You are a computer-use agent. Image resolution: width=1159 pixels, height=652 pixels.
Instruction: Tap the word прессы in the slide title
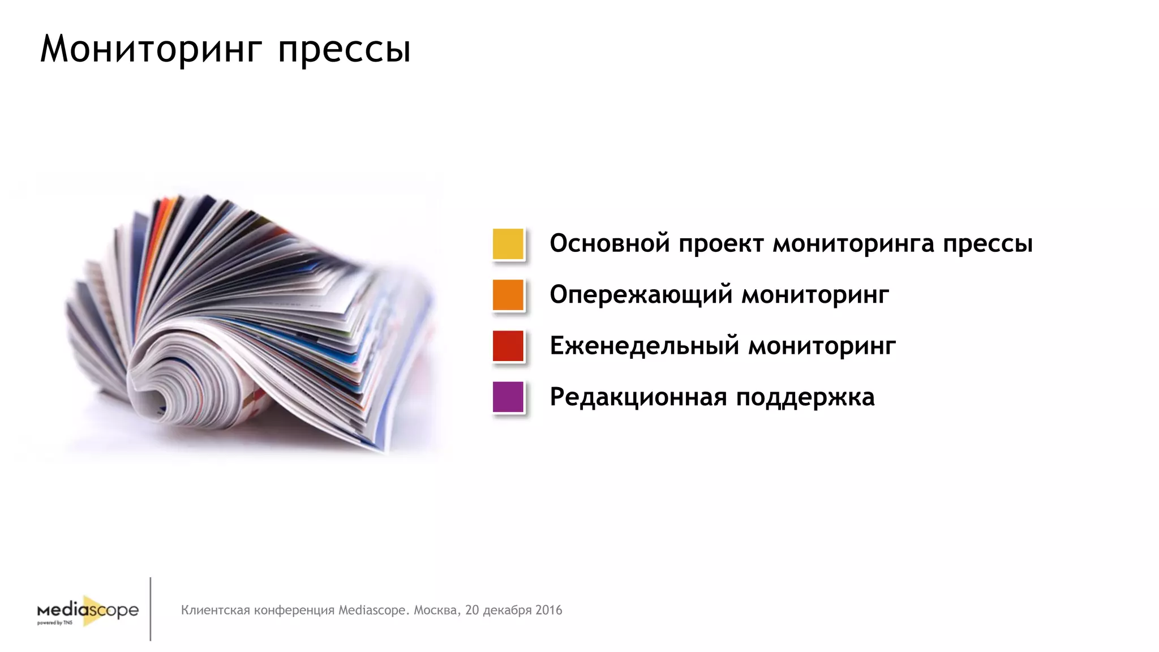coord(344,51)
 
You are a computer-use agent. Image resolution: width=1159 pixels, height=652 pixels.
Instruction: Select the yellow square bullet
coord(508,244)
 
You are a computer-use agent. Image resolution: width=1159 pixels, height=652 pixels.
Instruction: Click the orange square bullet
coord(508,295)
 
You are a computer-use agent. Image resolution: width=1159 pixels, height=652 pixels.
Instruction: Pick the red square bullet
coord(508,346)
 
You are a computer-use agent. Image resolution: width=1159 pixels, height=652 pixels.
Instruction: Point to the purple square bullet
coord(508,397)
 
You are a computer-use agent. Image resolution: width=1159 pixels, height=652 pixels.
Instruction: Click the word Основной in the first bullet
coord(609,243)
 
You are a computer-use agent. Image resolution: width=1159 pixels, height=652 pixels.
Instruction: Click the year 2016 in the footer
coord(548,610)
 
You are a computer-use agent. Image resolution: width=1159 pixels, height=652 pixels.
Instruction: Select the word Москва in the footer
coord(436,610)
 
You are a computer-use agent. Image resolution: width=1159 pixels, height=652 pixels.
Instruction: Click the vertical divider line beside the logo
coord(151,609)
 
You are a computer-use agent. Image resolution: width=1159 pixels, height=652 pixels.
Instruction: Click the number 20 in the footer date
coord(472,610)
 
